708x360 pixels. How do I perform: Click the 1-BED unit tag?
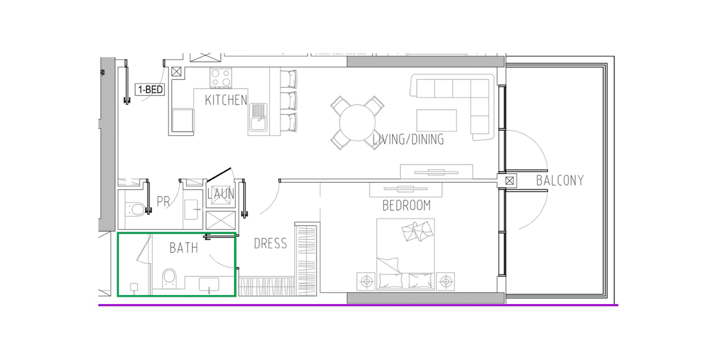click(150, 89)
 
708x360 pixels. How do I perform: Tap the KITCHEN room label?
click(226, 100)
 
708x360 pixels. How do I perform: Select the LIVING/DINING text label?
click(408, 140)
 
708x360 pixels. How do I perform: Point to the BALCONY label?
click(560, 181)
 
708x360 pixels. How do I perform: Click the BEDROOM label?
click(406, 206)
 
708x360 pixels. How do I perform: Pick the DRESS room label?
click(270, 244)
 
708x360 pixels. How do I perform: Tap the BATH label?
click(184, 248)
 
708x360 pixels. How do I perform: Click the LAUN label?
click(221, 194)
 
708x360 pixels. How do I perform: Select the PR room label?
click(163, 201)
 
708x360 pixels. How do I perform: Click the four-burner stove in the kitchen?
click(221, 78)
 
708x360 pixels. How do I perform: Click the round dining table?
click(358, 123)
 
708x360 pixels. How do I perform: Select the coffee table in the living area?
click(437, 120)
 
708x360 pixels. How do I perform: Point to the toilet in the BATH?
click(170, 278)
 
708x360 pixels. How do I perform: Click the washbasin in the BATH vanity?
click(209, 285)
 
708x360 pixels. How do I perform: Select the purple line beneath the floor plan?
click(358, 305)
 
